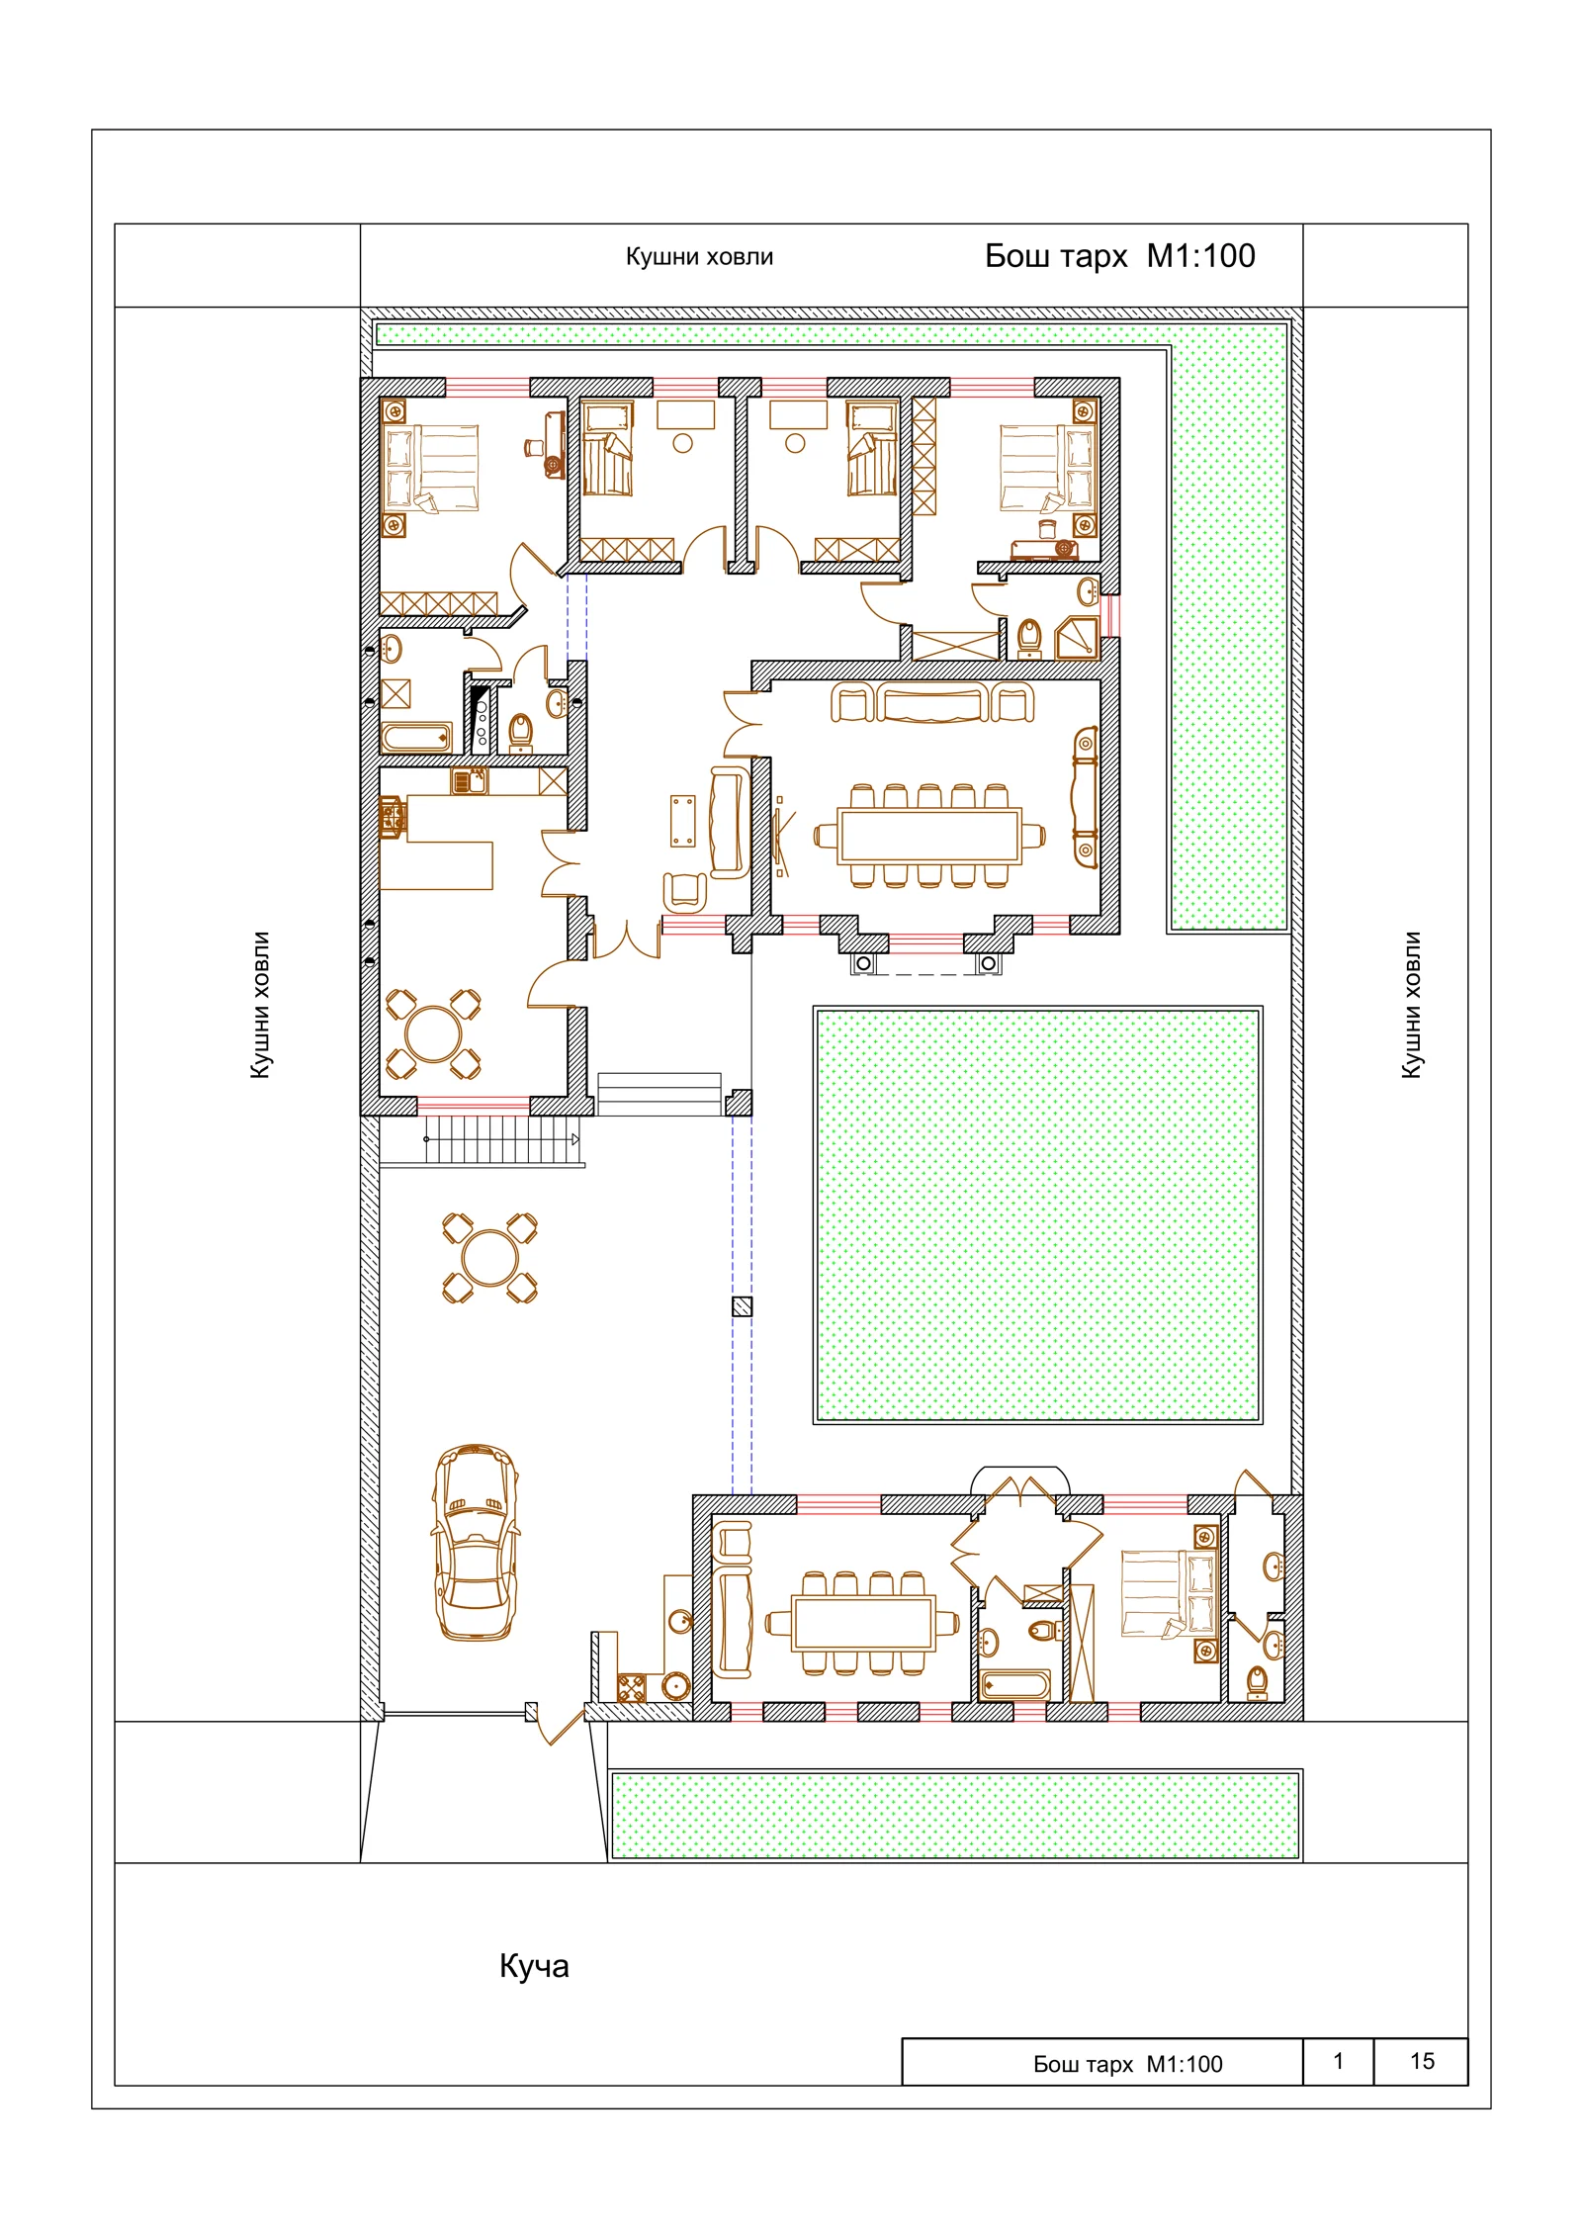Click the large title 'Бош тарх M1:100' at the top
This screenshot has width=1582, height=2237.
click(x=1119, y=256)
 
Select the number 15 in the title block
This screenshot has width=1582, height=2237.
click(x=1422, y=2061)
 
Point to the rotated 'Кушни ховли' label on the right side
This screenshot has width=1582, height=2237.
click(x=1411, y=1005)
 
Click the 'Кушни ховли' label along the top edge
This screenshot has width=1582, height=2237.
click(x=699, y=257)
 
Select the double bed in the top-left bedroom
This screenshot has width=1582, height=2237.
click(x=431, y=468)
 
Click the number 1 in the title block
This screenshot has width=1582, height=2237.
click(x=1338, y=2061)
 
